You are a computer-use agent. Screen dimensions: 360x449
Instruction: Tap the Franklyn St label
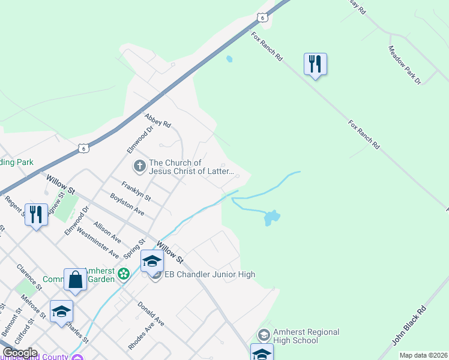click(x=136, y=191)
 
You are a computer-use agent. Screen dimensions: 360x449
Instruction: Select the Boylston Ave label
click(x=127, y=203)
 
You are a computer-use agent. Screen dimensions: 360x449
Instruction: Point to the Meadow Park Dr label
click(x=405, y=65)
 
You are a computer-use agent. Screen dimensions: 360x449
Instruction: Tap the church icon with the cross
click(x=139, y=166)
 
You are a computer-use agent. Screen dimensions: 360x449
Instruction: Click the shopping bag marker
click(x=75, y=280)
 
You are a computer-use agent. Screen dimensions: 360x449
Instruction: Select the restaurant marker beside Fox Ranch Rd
click(x=315, y=64)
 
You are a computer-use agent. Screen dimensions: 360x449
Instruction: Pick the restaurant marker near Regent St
click(x=36, y=215)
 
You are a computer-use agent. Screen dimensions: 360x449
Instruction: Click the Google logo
click(x=20, y=353)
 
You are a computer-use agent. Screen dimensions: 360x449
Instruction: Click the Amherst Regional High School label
click(x=306, y=336)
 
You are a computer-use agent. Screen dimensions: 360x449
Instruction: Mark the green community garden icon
click(x=124, y=274)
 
